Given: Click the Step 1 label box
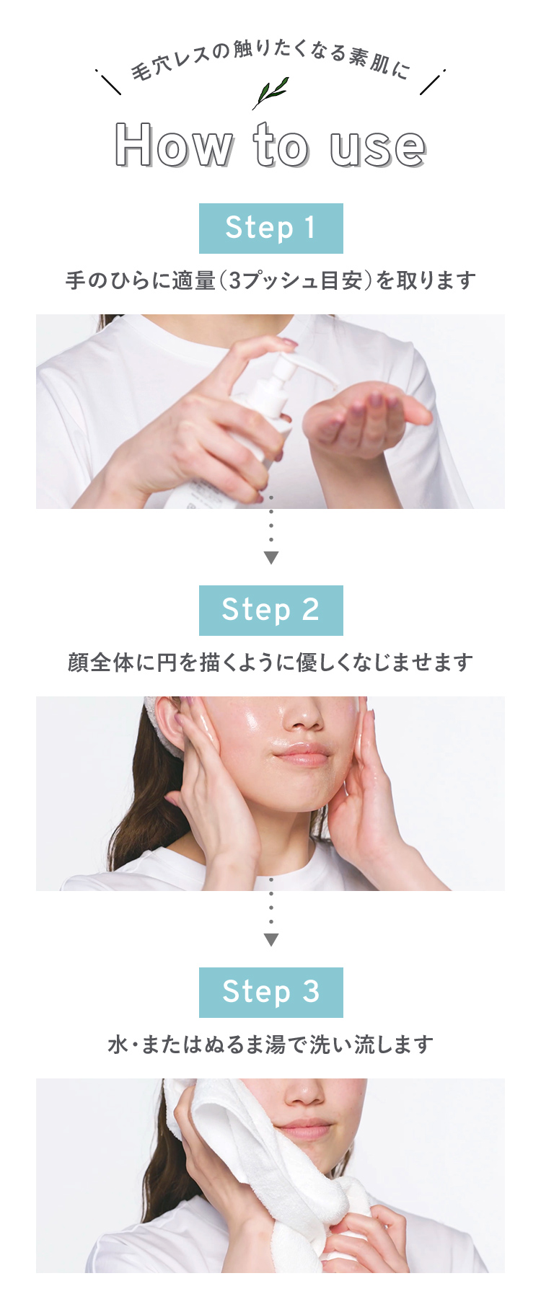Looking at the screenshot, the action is pos(270,229).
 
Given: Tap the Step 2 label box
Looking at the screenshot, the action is pos(270,611).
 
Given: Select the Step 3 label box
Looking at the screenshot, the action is pos(270,993).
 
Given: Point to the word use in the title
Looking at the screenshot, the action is pos(377,149).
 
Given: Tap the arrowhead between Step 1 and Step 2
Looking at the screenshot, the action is pos(271,557).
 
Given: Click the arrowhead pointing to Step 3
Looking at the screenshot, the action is pos(271,939).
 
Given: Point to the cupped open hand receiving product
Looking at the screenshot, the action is pos(364,422).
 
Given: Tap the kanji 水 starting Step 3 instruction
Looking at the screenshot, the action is pos(118,1045).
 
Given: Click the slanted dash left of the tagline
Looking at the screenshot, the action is pos(108,82).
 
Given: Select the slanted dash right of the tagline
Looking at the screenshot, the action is pos(432,82).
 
